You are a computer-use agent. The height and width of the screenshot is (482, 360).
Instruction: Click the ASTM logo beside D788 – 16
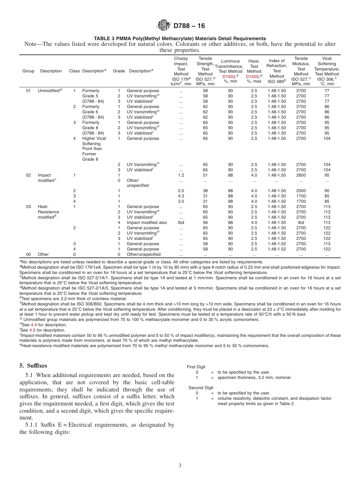click(164, 26)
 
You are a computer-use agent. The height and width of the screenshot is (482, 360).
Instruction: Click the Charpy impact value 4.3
click(181, 196)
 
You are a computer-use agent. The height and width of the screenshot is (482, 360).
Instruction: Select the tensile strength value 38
click(205, 191)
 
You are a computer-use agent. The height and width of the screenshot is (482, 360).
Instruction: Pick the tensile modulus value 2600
click(301, 175)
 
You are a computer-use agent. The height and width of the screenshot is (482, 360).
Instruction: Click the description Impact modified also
click(146, 222)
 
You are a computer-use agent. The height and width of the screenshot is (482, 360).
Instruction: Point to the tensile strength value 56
click(205, 222)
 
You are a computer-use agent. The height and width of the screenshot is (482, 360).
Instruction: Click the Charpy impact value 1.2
click(181, 175)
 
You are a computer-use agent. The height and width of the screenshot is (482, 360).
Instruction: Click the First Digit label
click(196, 367)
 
